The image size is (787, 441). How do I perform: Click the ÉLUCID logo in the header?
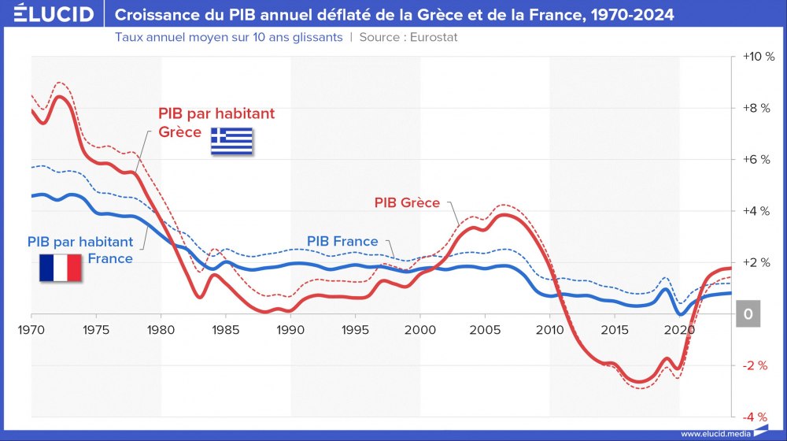click(x=49, y=14)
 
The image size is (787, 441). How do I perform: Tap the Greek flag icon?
click(x=231, y=141)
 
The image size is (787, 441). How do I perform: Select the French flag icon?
click(x=61, y=268)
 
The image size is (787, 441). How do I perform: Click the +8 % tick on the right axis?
click(x=759, y=108)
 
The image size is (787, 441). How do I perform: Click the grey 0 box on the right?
click(x=748, y=314)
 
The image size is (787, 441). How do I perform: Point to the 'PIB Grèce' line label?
click(x=407, y=202)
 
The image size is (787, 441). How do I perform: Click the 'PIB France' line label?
click(x=342, y=241)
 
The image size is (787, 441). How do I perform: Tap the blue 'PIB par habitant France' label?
click(x=80, y=250)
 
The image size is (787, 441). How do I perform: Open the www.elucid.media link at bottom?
click(x=714, y=433)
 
